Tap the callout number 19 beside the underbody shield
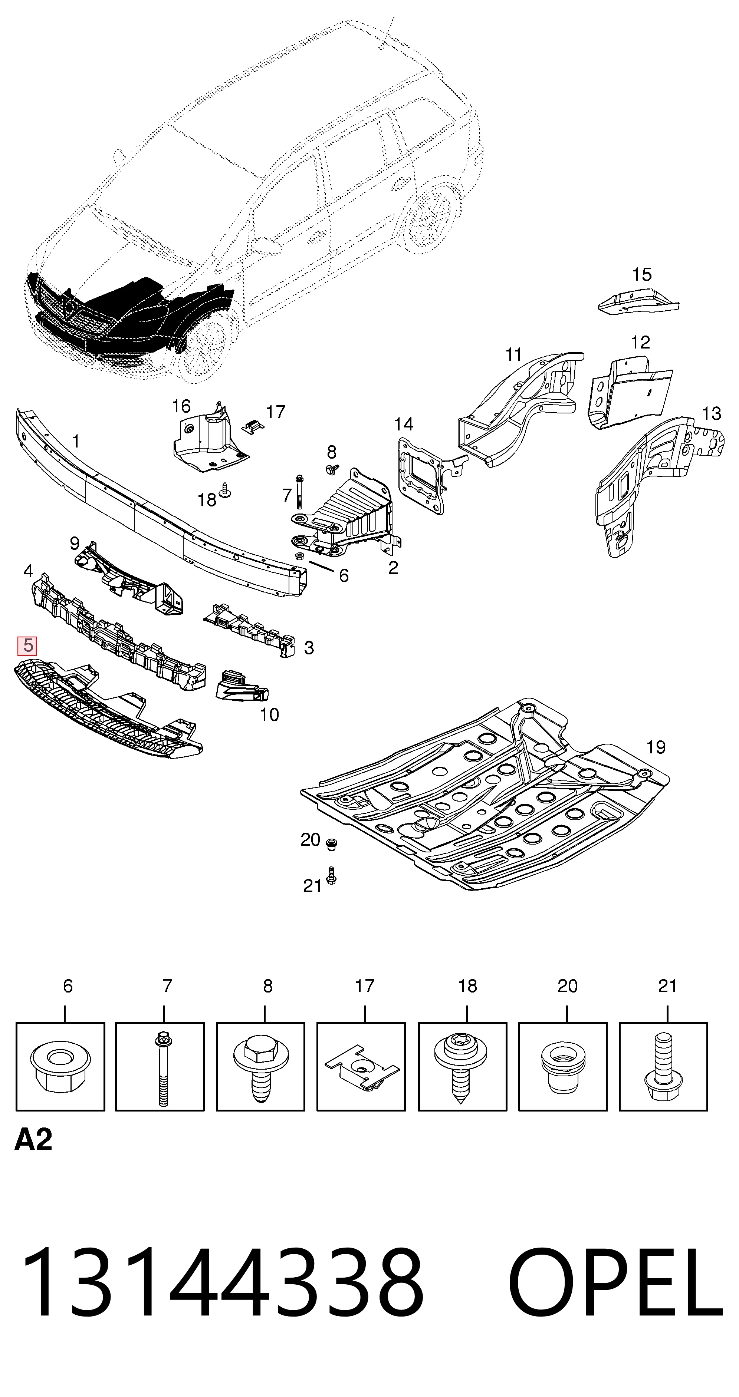pyautogui.click(x=656, y=747)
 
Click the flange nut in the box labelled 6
pyautogui.click(x=60, y=1067)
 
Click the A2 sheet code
pyautogui.click(x=33, y=1140)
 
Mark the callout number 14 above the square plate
pyautogui.click(x=404, y=424)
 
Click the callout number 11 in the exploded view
pyautogui.click(x=513, y=355)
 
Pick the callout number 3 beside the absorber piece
pyautogui.click(x=309, y=648)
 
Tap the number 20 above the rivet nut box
pyautogui.click(x=568, y=986)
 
